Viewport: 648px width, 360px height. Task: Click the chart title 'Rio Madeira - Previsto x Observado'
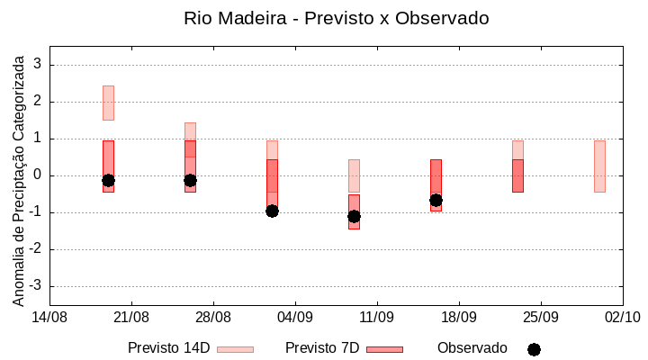click(x=336, y=18)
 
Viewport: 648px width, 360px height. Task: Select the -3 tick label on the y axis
click(x=36, y=286)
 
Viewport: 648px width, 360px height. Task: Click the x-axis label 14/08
click(x=49, y=317)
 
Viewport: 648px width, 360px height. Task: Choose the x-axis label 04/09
click(x=294, y=317)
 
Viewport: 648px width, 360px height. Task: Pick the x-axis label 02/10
click(x=621, y=317)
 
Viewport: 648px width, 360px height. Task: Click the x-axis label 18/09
click(x=458, y=317)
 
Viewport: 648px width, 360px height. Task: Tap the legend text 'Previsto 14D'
click(x=168, y=348)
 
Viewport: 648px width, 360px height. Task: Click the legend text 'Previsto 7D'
click(x=322, y=348)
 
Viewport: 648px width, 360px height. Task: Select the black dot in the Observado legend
click(x=534, y=349)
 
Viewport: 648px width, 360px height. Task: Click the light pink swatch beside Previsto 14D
click(x=235, y=349)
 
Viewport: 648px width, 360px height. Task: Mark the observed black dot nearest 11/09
click(x=354, y=216)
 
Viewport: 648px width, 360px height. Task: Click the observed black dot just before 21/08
click(x=108, y=180)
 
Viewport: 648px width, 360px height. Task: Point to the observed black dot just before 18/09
click(x=436, y=200)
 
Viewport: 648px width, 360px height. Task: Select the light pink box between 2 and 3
click(x=108, y=103)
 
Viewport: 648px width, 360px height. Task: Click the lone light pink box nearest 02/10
click(x=599, y=166)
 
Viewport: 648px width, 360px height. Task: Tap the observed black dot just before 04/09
click(x=272, y=211)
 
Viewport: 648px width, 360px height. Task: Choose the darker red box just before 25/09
click(x=517, y=175)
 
